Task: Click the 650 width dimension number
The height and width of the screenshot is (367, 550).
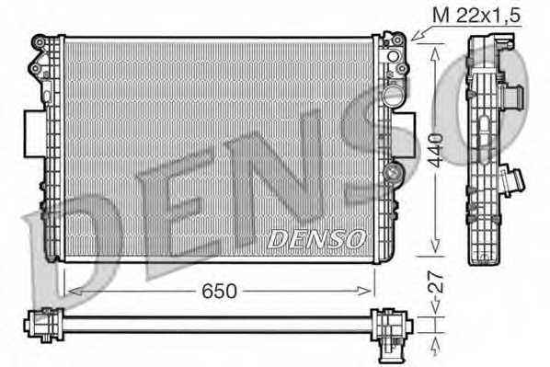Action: (219, 291)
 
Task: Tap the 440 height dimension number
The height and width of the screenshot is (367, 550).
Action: (436, 150)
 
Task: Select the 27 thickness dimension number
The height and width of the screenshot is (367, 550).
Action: (436, 281)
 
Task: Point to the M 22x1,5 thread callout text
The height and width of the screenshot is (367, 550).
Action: (476, 16)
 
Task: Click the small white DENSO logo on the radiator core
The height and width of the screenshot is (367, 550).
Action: (315, 239)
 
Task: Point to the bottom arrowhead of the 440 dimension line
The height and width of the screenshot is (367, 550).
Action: (435, 245)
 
